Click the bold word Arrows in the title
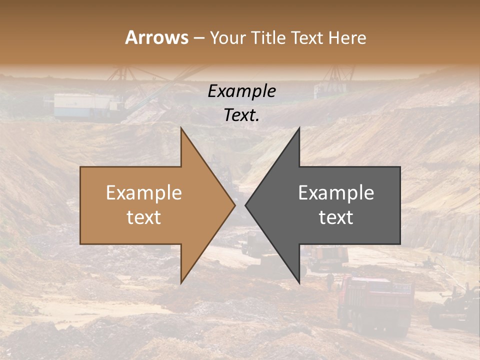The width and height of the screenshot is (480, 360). pyautogui.click(x=157, y=37)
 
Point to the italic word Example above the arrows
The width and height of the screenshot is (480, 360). pyautogui.click(x=242, y=91)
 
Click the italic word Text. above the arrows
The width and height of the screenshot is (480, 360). pyautogui.click(x=242, y=115)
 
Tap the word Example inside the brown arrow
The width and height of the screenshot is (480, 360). pyautogui.click(x=144, y=192)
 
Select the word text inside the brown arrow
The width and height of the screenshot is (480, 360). pyautogui.click(x=144, y=217)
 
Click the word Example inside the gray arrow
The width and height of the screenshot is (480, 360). pyautogui.click(x=336, y=192)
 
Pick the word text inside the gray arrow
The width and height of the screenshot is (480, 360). pyautogui.click(x=336, y=217)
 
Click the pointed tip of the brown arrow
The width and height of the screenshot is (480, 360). pyautogui.click(x=235, y=205)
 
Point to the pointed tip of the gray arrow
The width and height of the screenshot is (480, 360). pyautogui.click(x=245, y=205)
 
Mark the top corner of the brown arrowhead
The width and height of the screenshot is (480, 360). pyautogui.click(x=181, y=128)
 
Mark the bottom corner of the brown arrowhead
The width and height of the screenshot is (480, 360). pyautogui.click(x=181, y=283)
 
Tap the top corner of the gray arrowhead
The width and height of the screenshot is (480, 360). pyautogui.click(x=299, y=128)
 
